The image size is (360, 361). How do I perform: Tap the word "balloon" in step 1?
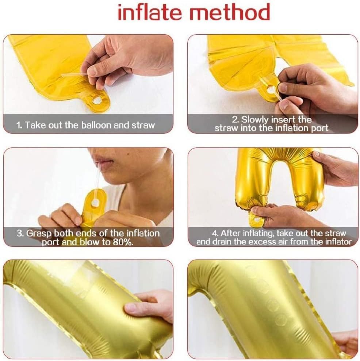click(94, 125)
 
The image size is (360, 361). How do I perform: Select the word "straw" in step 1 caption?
click(143, 125)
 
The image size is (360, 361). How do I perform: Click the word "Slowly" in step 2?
click(255, 120)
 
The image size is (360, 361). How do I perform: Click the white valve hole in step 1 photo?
click(97, 100)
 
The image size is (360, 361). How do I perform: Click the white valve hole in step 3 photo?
click(95, 203)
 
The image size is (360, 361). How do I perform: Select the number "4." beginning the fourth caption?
click(215, 234)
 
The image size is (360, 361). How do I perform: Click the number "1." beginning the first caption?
click(19, 125)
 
